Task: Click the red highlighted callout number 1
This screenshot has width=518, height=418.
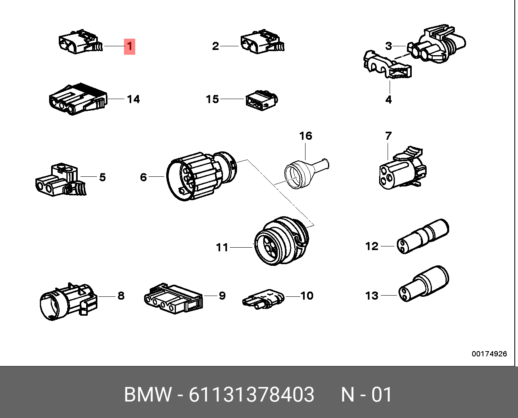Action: pos(130,46)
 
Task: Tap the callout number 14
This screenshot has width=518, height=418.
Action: pos(133,99)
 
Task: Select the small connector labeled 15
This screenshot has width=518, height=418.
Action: pos(262,100)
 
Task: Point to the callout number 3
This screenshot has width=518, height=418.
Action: pos(388,46)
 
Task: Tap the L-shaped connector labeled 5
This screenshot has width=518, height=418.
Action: pos(60,180)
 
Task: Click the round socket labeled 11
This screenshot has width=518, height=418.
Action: pos(281,241)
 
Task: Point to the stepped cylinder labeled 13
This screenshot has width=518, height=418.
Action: pos(424,284)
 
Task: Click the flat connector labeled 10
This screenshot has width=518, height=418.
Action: pos(263,299)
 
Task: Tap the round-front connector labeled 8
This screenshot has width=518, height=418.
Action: pos(68,301)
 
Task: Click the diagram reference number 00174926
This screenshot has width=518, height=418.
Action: pos(489,354)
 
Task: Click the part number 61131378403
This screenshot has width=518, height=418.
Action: pos(251,394)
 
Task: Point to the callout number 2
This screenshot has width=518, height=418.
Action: pos(215,46)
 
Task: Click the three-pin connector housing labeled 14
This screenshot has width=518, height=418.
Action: pos(78,99)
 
